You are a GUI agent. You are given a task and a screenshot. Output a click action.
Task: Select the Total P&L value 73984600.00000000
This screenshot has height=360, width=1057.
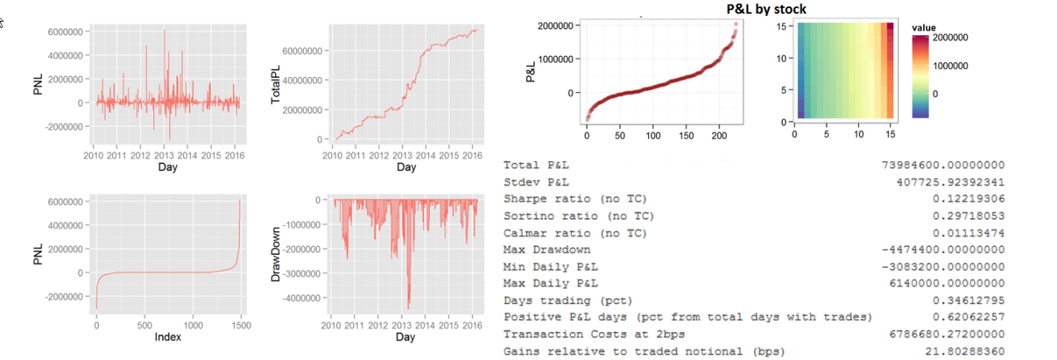point(943,165)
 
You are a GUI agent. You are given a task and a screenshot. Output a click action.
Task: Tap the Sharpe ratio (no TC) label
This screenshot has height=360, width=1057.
point(575,199)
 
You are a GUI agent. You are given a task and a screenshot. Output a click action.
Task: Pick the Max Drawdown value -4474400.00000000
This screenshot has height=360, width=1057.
point(943,250)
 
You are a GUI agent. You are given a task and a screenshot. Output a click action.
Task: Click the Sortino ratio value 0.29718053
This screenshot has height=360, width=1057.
point(969,216)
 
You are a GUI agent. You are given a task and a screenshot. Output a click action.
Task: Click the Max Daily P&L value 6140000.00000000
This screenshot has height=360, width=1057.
point(947,284)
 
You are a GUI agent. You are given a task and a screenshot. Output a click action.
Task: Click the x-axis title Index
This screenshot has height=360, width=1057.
point(168,337)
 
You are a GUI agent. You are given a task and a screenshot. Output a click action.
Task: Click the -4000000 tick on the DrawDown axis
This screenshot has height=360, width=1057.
point(299,298)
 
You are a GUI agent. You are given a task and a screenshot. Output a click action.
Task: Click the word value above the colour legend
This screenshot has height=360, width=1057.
point(924,28)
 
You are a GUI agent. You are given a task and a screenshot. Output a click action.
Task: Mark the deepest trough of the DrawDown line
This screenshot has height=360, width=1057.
point(408,308)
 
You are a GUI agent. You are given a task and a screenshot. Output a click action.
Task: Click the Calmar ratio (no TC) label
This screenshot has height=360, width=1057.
point(575,233)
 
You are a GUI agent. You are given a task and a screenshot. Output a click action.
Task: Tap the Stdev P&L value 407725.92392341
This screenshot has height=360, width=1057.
point(950,182)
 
